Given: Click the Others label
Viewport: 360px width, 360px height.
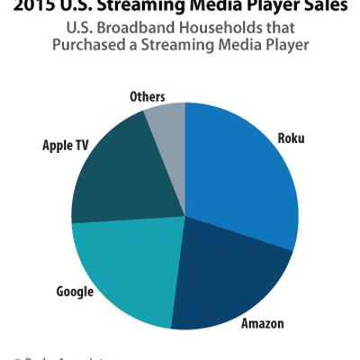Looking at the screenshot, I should point(146,95).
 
